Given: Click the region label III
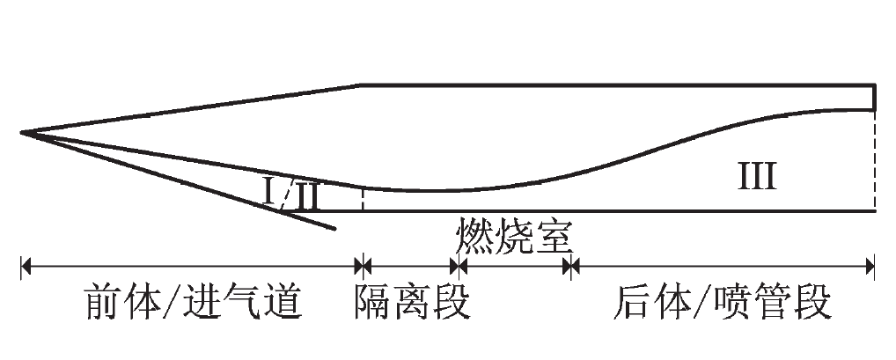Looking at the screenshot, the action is (x=756, y=178).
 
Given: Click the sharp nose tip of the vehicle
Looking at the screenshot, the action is (x=22, y=134).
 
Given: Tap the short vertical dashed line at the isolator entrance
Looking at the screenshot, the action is (x=362, y=200).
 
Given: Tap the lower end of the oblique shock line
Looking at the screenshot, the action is (x=334, y=230).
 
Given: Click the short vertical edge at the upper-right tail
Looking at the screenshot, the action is (x=874, y=97).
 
